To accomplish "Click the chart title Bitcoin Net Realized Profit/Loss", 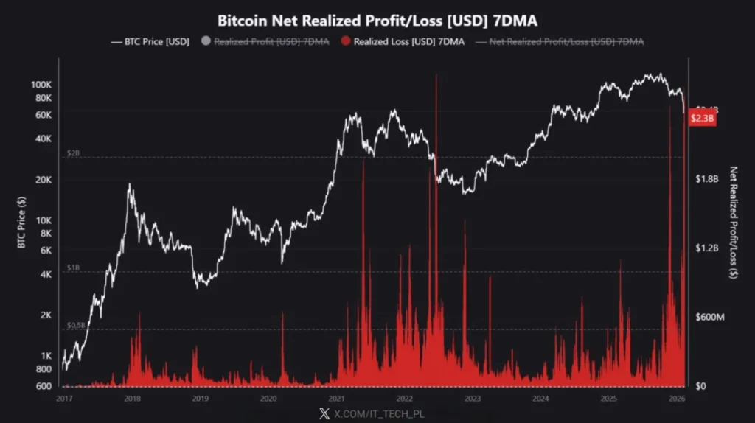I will [x=377, y=20].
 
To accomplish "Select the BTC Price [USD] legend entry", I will [x=150, y=42].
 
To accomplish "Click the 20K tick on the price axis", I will [x=44, y=180].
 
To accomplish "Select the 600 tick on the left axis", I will [x=45, y=386].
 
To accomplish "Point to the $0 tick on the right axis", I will [x=703, y=386].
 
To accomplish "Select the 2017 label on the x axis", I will [x=64, y=399].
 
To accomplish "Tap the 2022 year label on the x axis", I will [x=404, y=399].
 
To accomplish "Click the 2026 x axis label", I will [x=676, y=399].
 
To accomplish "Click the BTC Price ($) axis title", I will [x=23, y=221].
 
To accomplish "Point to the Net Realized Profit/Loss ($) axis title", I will [x=734, y=221].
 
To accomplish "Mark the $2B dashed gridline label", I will [x=73, y=153].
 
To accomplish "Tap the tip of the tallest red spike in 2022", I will [x=436, y=75].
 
